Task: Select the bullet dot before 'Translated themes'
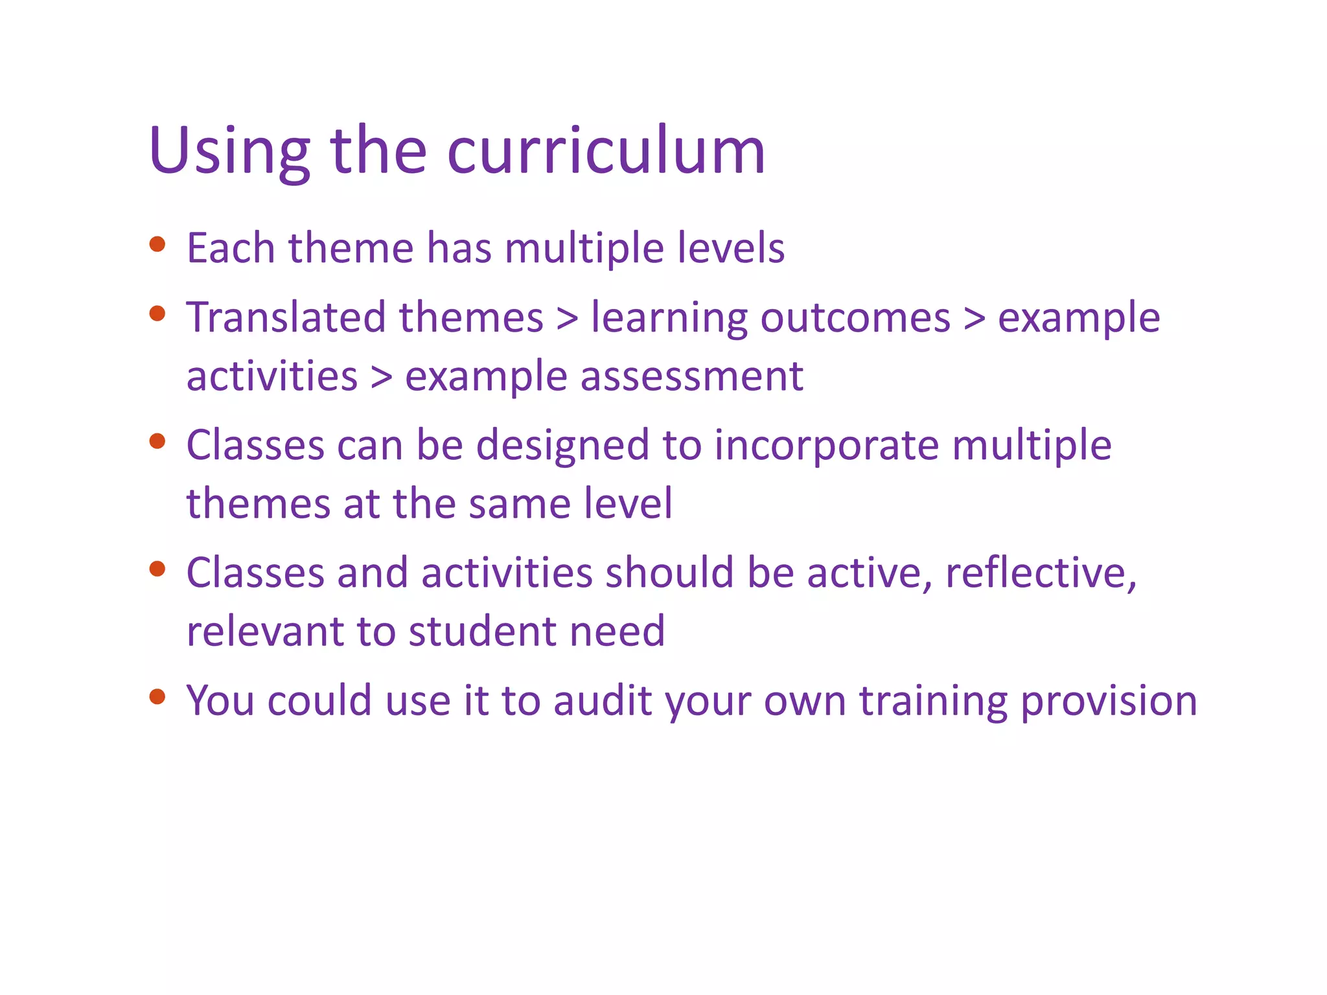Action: click(x=157, y=314)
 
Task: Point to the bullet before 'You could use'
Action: click(x=157, y=697)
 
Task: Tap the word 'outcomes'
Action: click(x=855, y=317)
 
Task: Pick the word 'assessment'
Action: click(x=691, y=376)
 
